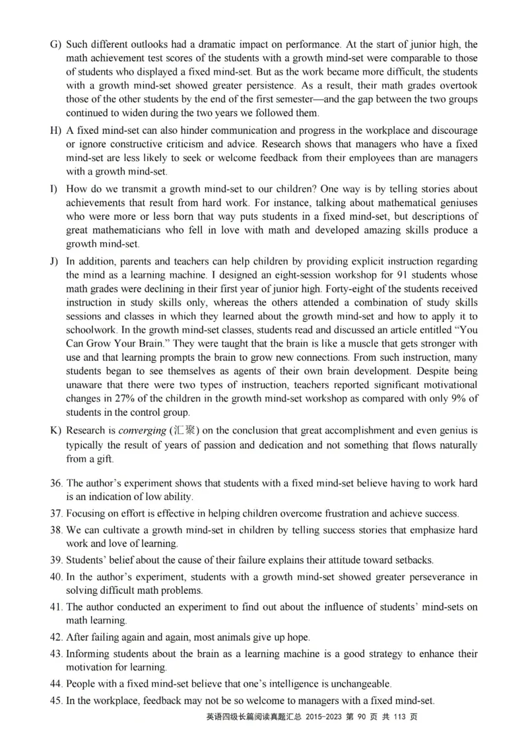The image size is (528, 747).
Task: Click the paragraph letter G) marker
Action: (55, 45)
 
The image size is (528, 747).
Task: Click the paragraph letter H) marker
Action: (55, 131)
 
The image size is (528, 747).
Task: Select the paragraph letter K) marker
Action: (55, 431)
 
